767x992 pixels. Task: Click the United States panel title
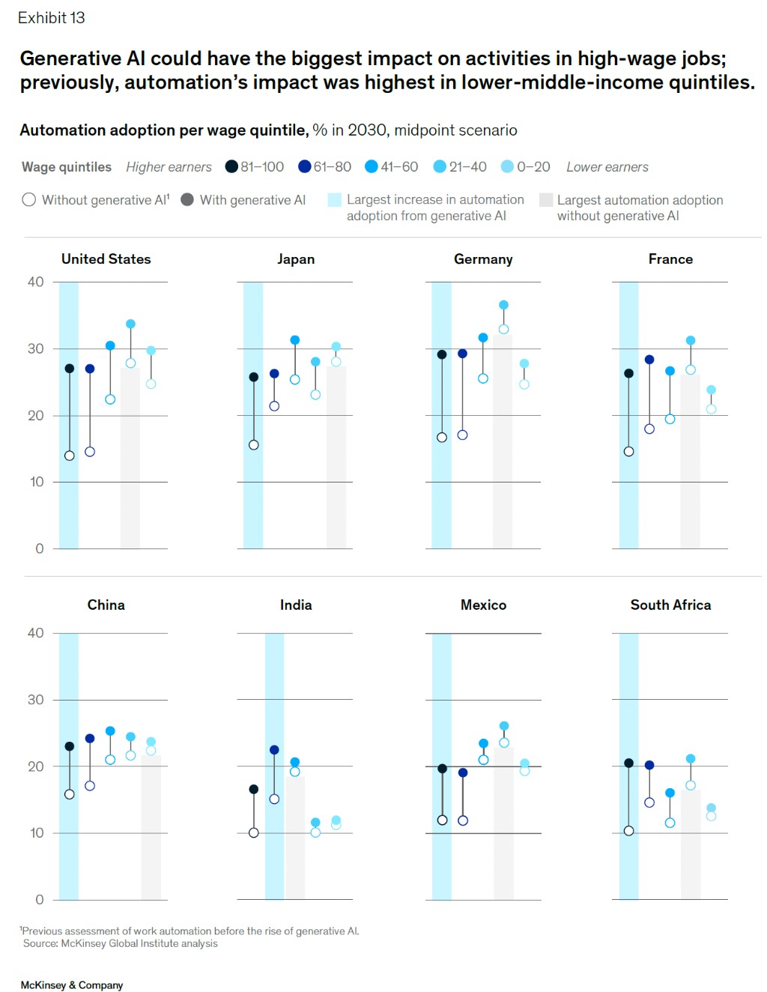(x=106, y=259)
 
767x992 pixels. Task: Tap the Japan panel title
(x=296, y=259)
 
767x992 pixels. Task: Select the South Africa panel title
(x=670, y=605)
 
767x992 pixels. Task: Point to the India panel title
(x=296, y=605)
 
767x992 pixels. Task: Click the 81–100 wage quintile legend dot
(x=232, y=166)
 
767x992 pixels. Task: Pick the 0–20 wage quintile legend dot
(x=508, y=166)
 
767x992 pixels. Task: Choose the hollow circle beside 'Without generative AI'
(x=29, y=199)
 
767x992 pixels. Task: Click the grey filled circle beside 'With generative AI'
(x=187, y=199)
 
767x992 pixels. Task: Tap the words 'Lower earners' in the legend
(x=607, y=167)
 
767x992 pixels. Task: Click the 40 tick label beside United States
(x=35, y=282)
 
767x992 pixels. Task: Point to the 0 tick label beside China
(x=39, y=899)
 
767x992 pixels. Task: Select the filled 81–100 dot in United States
(x=70, y=369)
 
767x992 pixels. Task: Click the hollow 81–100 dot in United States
(x=70, y=456)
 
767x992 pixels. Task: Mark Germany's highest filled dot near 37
(x=503, y=305)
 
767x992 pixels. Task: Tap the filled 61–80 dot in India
(x=274, y=750)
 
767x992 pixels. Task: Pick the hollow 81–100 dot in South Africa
(x=629, y=831)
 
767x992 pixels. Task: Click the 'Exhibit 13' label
(x=52, y=18)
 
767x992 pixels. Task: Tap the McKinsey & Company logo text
(x=72, y=985)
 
